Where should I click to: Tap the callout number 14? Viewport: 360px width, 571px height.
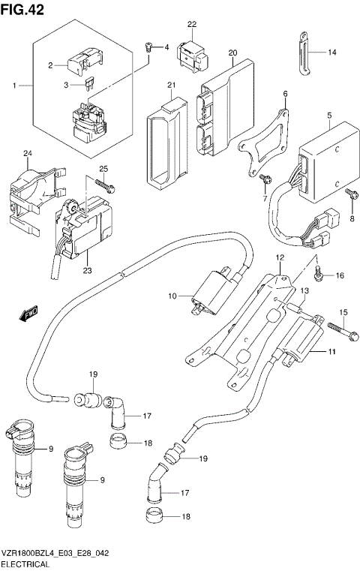332,53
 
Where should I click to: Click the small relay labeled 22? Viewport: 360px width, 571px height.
190,50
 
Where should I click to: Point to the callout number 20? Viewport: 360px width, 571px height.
232,53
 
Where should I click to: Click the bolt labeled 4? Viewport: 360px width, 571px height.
150,48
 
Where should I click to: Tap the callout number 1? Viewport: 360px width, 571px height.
13,87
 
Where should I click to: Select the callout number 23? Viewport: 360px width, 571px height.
88,271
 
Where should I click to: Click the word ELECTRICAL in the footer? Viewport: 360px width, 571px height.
25,563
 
